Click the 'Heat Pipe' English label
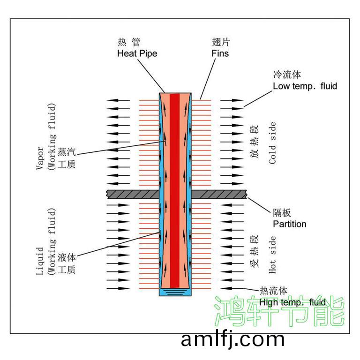137,53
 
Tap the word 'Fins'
220,53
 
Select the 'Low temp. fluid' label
305,86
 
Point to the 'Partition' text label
290,224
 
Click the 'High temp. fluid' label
292,302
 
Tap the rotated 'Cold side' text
272,143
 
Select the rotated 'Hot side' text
272,255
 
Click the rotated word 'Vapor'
39,158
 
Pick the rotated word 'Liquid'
39,261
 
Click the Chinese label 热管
129,42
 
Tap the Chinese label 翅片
221,42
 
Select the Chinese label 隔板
282,213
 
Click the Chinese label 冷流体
287,75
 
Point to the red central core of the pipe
174,191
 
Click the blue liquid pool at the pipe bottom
175,292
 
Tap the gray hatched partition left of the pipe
133,194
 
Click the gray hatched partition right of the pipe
219,194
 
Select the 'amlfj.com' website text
232,340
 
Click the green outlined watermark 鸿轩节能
279,311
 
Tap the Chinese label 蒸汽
67,152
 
